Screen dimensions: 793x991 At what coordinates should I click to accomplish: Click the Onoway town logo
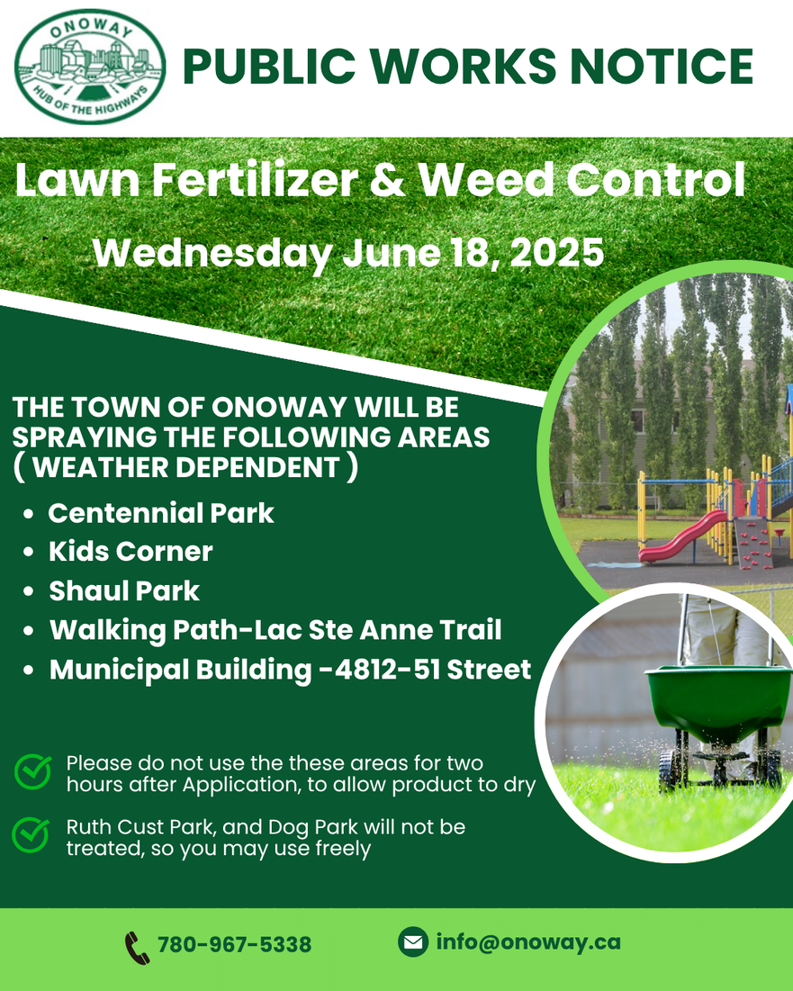(x=90, y=66)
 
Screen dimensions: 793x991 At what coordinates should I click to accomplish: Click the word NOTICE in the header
(x=662, y=66)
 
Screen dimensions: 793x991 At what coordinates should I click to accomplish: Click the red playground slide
(x=683, y=536)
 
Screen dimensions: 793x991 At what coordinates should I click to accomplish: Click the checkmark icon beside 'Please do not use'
(x=33, y=771)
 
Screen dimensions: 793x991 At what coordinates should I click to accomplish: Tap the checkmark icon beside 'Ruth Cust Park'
(x=31, y=835)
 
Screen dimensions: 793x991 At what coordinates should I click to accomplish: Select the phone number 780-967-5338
(x=234, y=945)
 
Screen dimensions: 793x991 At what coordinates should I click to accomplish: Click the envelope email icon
(x=413, y=942)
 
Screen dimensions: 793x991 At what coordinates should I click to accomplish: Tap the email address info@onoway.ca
(x=528, y=942)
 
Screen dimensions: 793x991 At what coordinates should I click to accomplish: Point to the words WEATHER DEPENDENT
(x=185, y=468)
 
